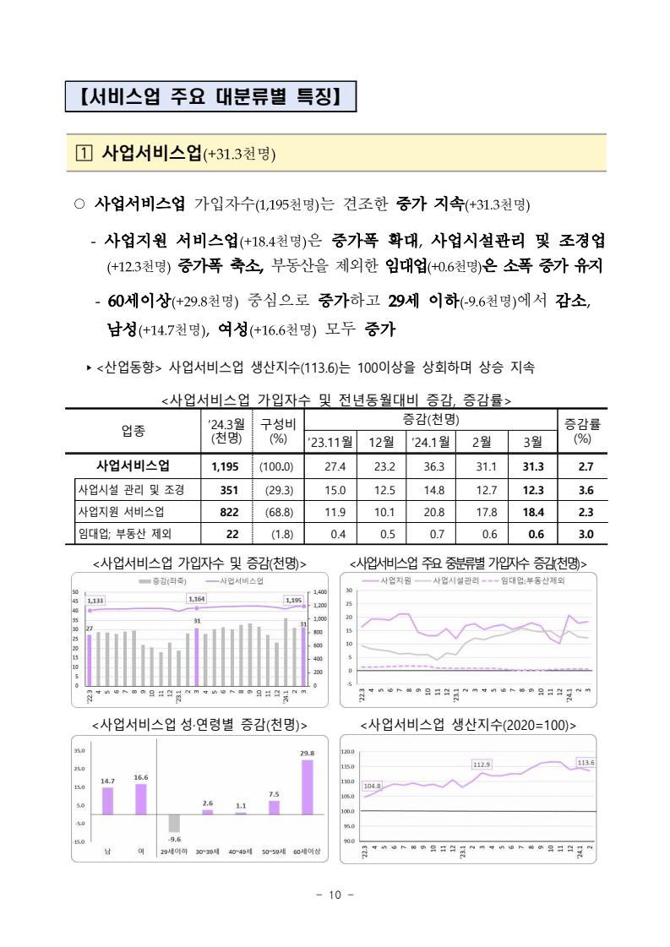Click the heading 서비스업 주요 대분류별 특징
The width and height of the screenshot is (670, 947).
tap(210, 95)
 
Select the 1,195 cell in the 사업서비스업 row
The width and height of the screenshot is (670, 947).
tap(226, 465)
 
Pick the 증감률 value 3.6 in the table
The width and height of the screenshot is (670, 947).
tap(582, 489)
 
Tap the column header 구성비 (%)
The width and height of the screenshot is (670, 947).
tap(277, 431)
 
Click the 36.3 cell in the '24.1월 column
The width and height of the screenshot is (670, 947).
tap(432, 465)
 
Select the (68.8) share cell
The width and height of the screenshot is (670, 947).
tap(276, 512)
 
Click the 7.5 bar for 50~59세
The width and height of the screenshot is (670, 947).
tap(274, 808)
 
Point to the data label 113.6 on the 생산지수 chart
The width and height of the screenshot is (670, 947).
tap(586, 762)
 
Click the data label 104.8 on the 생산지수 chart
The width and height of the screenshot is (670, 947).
tap(372, 786)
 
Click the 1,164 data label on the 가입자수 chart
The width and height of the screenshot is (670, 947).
tap(196, 596)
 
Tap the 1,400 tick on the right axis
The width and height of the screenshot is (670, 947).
tap(321, 593)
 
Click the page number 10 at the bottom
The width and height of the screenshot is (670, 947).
tap(335, 895)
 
